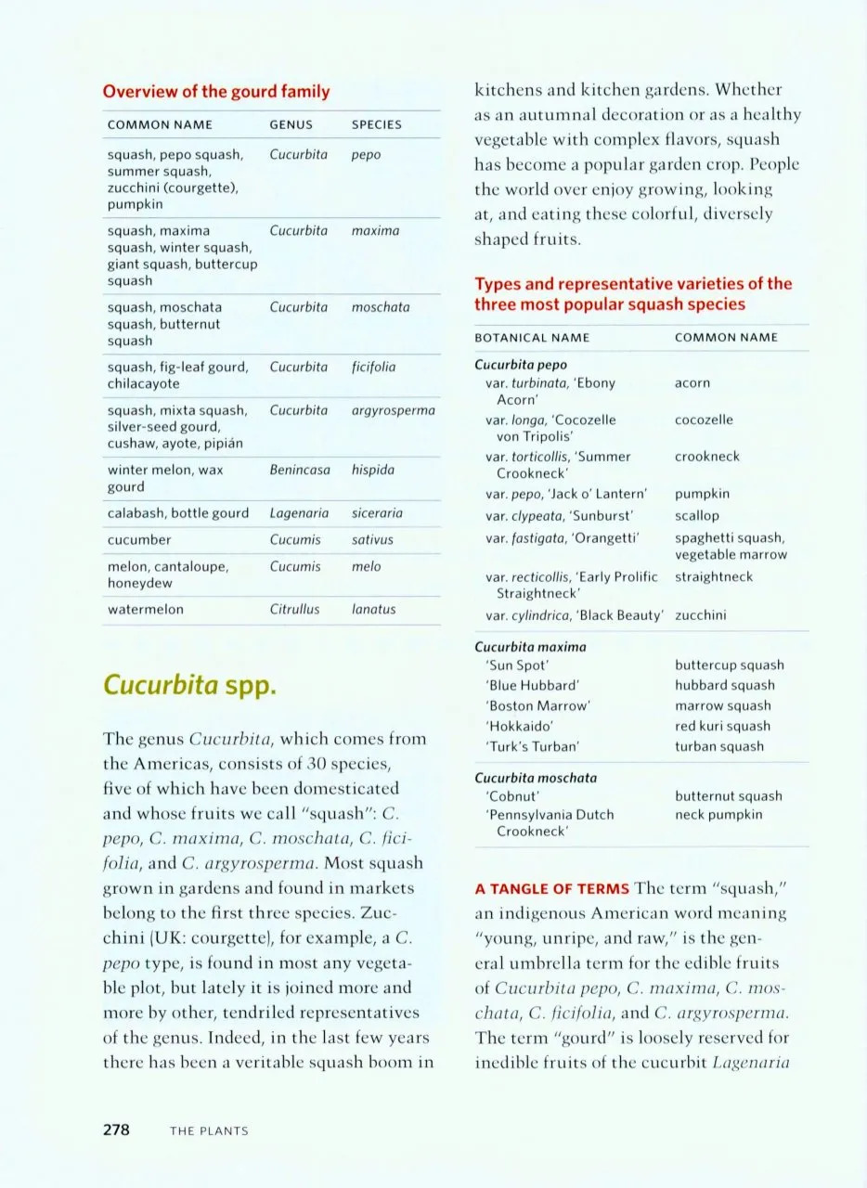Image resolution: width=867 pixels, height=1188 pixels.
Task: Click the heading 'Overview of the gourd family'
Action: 215,92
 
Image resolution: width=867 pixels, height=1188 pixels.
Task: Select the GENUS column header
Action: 291,124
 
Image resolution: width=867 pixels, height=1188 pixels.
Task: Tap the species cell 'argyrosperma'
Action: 394,410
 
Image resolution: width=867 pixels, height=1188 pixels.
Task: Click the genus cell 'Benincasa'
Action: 300,471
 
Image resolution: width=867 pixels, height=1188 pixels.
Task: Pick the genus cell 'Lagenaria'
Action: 298,513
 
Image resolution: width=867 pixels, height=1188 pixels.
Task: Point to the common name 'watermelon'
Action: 146,610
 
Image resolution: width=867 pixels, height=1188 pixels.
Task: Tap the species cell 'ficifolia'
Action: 373,368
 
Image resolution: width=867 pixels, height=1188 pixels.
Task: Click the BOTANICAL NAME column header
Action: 532,338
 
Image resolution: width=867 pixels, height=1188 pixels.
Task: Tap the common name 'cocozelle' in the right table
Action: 704,420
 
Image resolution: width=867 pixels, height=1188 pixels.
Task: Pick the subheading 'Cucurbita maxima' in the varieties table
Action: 530,646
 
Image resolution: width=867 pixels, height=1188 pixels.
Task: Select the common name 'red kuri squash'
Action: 722,726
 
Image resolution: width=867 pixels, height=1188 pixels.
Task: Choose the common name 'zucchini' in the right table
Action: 701,614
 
